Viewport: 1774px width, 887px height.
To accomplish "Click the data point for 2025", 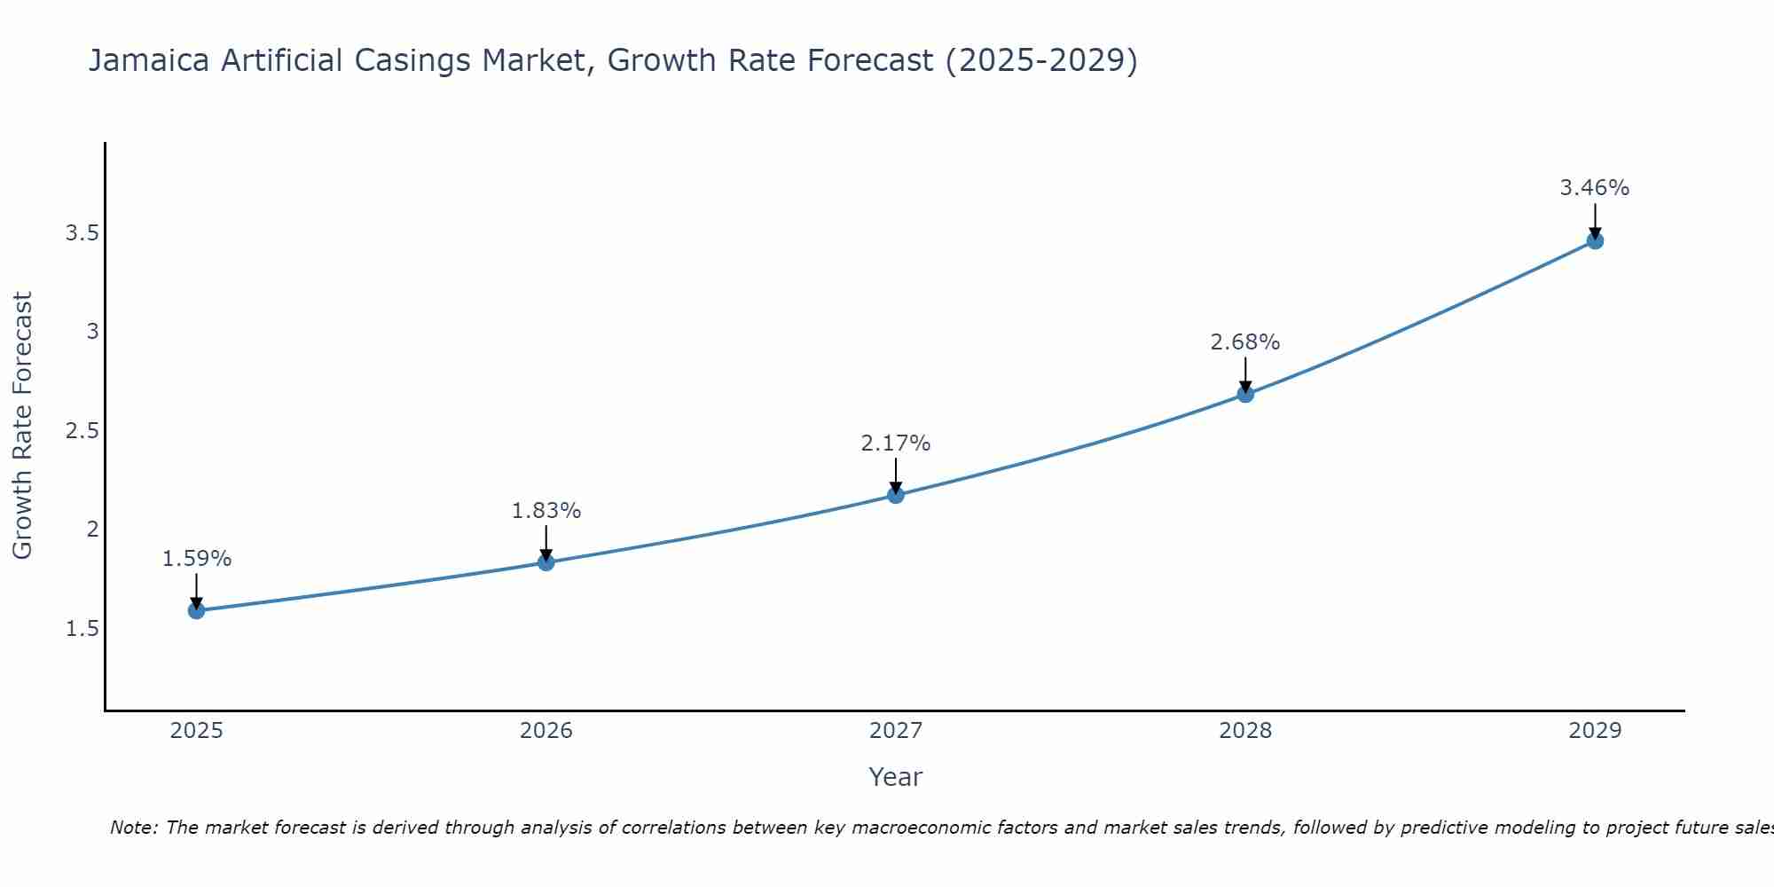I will pyautogui.click(x=196, y=610).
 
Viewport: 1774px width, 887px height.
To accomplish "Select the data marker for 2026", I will pyautogui.click(x=546, y=562).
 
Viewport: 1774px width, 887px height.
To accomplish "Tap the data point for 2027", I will pyautogui.click(x=896, y=495).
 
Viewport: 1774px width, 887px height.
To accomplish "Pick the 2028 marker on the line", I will pyautogui.click(x=1245, y=394).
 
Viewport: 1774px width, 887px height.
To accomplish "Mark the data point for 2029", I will pyautogui.click(x=1595, y=240).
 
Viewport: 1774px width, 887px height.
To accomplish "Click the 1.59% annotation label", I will pyautogui.click(x=196, y=559).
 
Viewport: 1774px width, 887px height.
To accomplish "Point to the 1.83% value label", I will pyautogui.click(x=546, y=511).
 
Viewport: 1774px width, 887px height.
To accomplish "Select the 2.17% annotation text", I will pyautogui.click(x=896, y=443).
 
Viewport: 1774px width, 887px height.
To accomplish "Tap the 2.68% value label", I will pyautogui.click(x=1245, y=342).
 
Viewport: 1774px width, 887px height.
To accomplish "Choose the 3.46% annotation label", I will pyautogui.click(x=1595, y=188).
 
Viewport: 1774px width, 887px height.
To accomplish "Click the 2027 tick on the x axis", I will pyautogui.click(x=896, y=731).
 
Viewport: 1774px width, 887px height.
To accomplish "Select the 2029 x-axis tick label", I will pyautogui.click(x=1595, y=731).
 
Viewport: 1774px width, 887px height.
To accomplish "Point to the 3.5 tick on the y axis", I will pyautogui.click(x=81, y=233).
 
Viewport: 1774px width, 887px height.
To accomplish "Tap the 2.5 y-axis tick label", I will pyautogui.click(x=81, y=431).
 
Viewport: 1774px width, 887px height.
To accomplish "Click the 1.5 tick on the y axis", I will pyautogui.click(x=81, y=629).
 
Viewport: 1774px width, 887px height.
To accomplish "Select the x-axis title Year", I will pyautogui.click(x=896, y=777).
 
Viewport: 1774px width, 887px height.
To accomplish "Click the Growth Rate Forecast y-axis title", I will pyautogui.click(x=22, y=426).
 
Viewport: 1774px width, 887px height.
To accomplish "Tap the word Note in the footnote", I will pyautogui.click(x=133, y=828).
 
